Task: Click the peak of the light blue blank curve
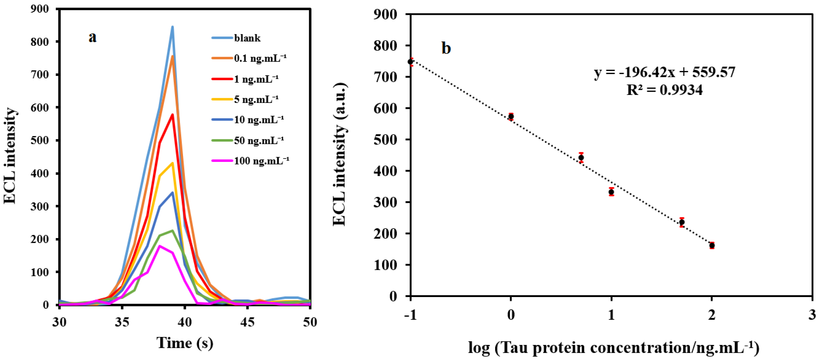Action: pos(172,27)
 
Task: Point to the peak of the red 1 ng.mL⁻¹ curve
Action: pos(172,115)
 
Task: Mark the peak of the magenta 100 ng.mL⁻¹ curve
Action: pos(160,246)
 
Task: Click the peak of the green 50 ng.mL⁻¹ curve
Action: pos(172,230)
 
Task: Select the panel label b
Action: pos(446,48)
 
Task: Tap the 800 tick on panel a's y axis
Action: pos(40,42)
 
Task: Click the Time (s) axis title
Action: pos(185,343)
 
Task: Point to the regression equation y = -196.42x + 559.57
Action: pos(664,72)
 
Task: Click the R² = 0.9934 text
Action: pos(664,90)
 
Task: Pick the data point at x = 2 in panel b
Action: pos(712,245)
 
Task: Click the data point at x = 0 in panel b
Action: pos(511,116)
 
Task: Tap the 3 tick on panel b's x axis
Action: pos(812,315)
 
